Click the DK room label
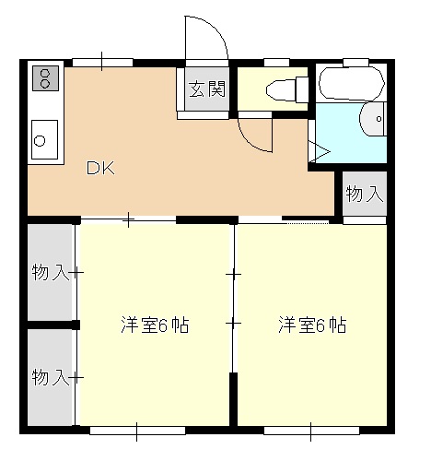tap(99, 169)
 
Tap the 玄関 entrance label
tap(207, 89)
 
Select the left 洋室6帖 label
tap(155, 325)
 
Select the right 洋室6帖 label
tap(313, 325)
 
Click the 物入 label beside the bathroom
tap(364, 194)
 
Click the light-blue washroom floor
tap(341, 138)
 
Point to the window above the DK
tap(100, 63)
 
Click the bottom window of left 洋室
tap(137, 429)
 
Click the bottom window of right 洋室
tap(309, 429)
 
